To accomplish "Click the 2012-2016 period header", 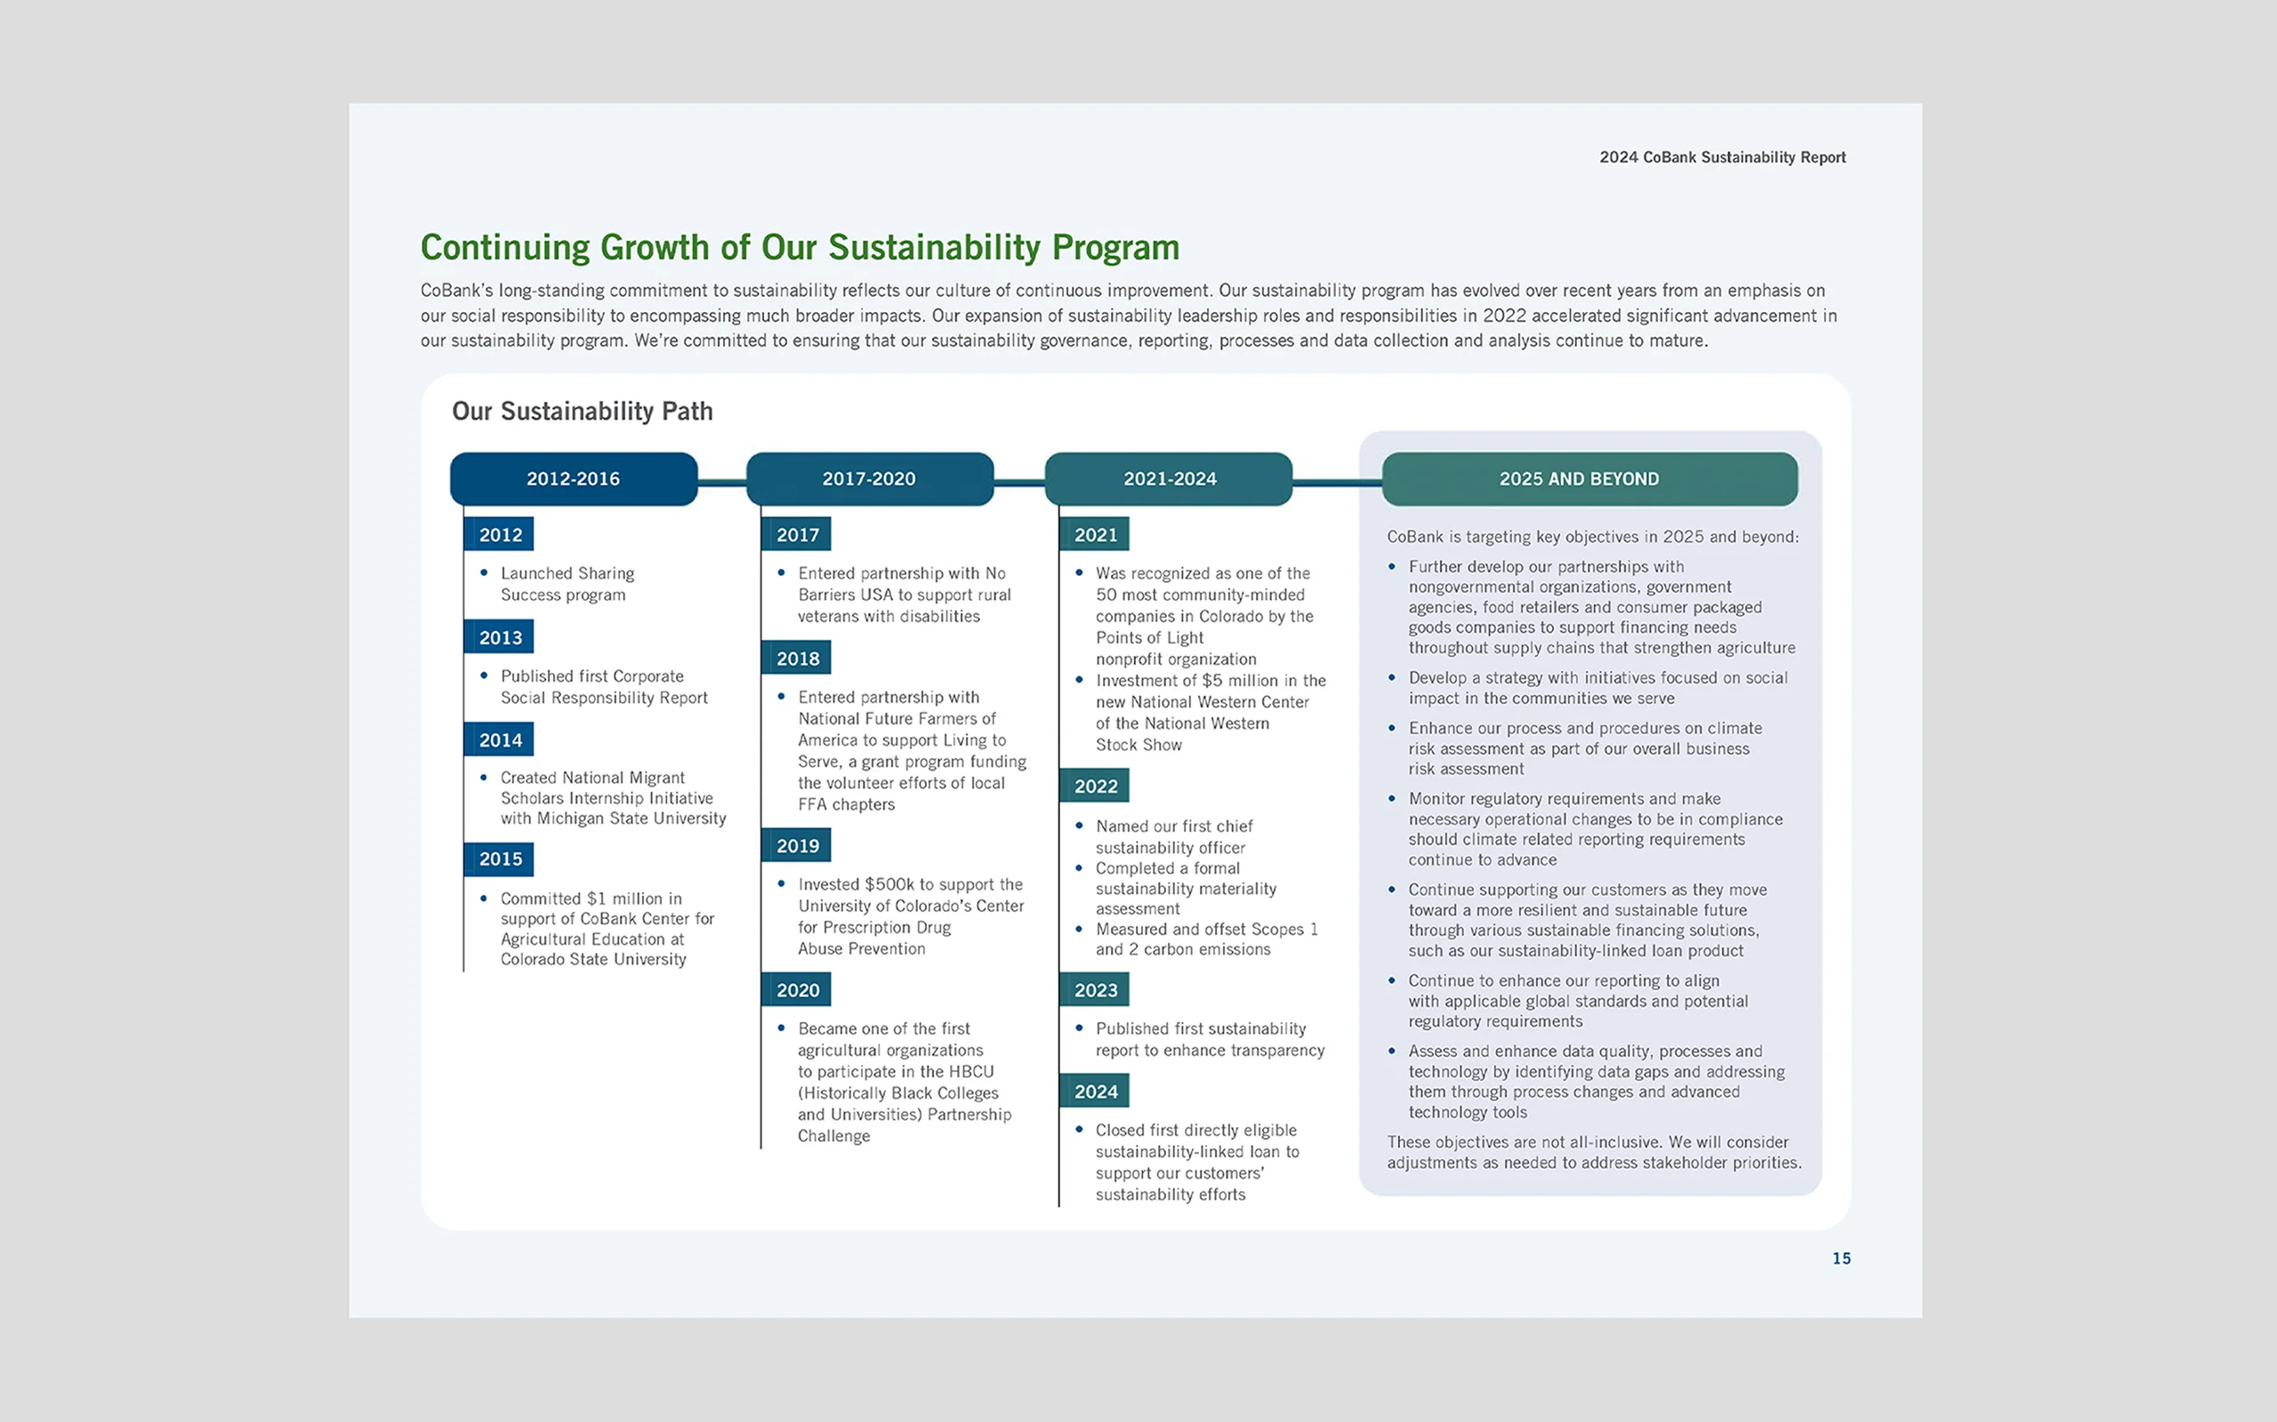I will tap(573, 479).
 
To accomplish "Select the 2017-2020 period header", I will tap(868, 479).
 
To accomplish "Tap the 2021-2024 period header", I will tap(1169, 479).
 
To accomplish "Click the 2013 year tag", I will tap(500, 637).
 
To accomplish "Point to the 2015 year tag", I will tap(500, 859).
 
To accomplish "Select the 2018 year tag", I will tap(797, 659).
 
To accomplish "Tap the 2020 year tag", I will tap(797, 989).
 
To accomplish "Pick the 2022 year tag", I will tap(1095, 787).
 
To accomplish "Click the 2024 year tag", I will tap(1095, 1091).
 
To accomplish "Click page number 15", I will tap(1840, 1258).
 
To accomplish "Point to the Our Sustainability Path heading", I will tap(582, 411).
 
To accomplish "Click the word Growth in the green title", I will tap(654, 247).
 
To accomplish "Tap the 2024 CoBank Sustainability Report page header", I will tap(1722, 157).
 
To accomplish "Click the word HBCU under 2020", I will tap(971, 1071).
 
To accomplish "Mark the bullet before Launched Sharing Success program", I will tap(484, 572).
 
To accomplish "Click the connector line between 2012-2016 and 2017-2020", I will tap(721, 483).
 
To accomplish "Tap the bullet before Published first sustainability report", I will tap(1078, 1028).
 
